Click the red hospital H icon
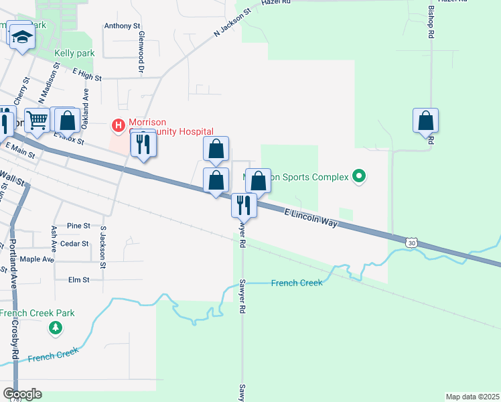(x=119, y=125)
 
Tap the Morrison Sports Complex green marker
(x=360, y=177)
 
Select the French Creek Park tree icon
(x=56, y=328)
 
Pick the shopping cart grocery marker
(x=38, y=121)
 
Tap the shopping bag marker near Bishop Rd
(x=425, y=121)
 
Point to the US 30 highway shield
(x=411, y=242)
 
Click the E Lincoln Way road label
(x=311, y=218)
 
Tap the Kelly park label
(x=74, y=53)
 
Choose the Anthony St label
(x=122, y=27)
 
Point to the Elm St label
(x=80, y=279)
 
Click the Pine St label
(x=78, y=226)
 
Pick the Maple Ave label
(x=37, y=259)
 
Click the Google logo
(x=22, y=394)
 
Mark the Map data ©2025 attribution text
(x=472, y=397)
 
